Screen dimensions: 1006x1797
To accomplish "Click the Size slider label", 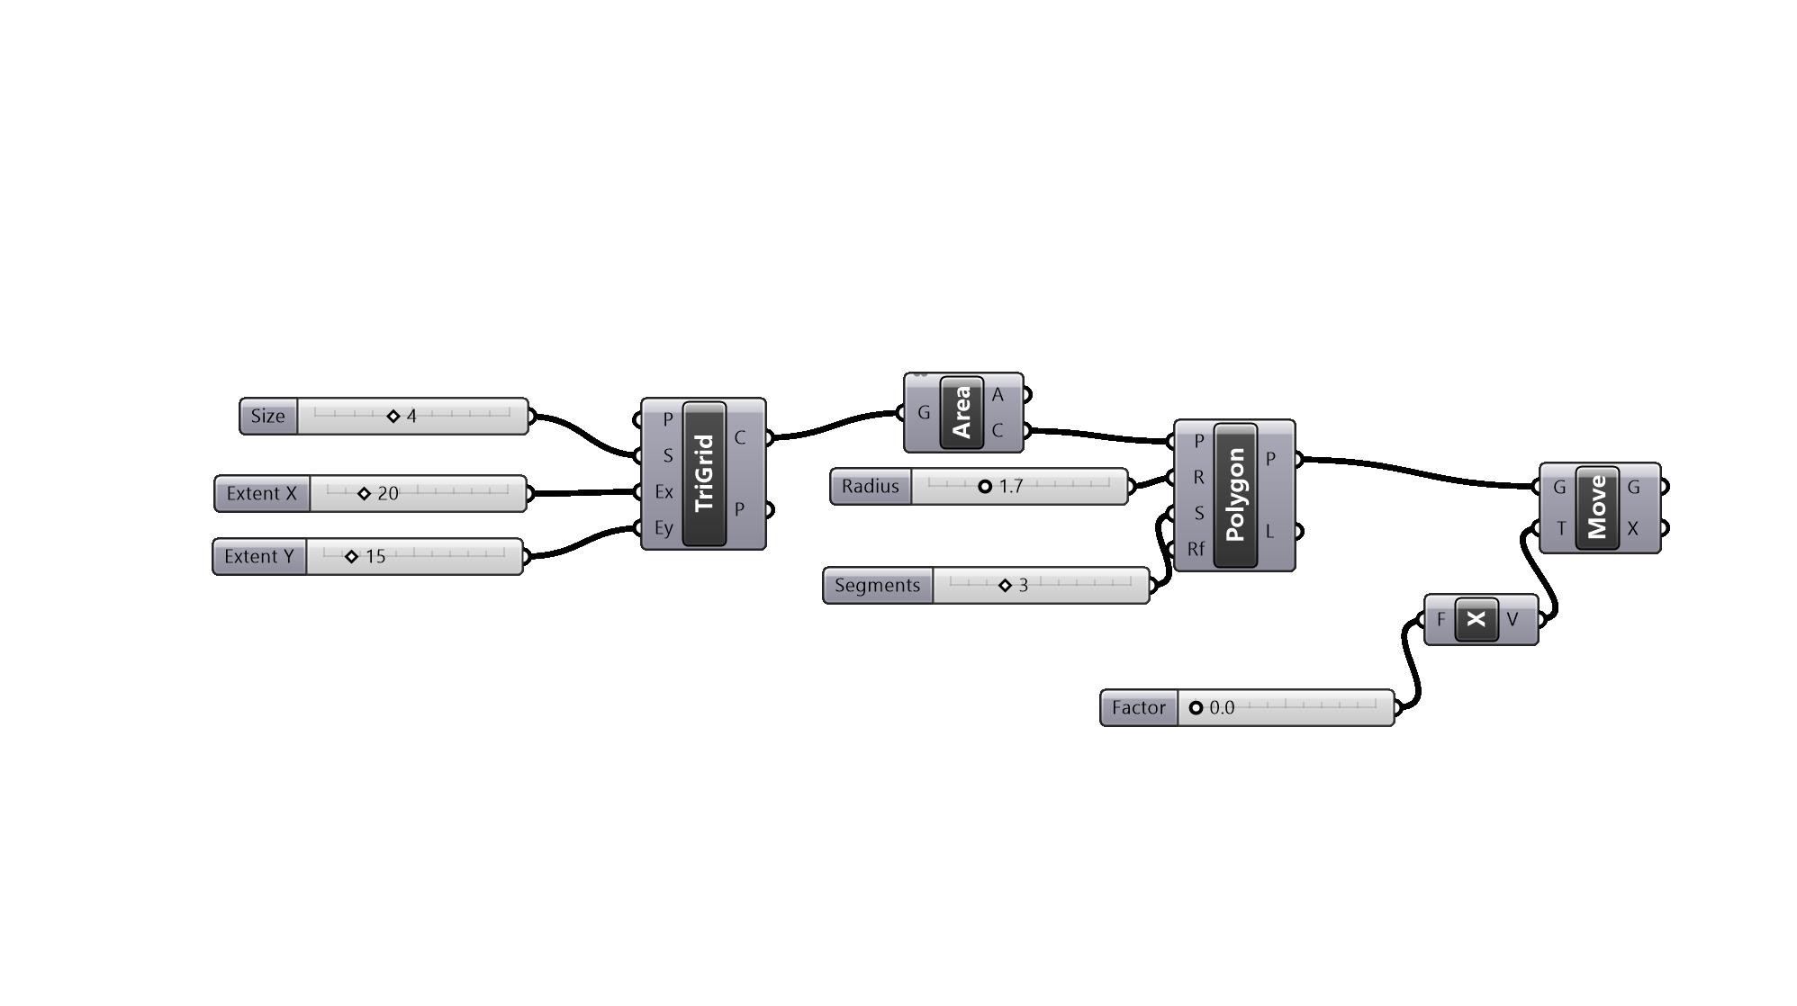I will tap(268, 417).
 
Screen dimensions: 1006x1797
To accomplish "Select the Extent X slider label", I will tap(262, 494).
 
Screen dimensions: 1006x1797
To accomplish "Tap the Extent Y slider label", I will tap(259, 557).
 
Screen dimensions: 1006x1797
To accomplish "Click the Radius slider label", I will tap(871, 487).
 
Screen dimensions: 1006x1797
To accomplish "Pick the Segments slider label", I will tap(878, 586).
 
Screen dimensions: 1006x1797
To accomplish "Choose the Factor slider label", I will tap(1139, 708).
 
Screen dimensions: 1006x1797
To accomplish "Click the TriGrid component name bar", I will tap(705, 474).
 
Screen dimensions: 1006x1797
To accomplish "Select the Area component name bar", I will tap(962, 413).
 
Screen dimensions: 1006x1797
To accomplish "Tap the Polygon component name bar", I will tap(1235, 495).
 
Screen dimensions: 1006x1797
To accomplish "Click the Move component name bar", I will tap(1597, 507).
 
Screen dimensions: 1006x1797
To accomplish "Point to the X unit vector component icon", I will tap(1476, 619).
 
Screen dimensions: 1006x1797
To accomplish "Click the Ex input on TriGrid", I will tap(664, 492).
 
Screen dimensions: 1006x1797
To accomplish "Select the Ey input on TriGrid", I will tap(664, 528).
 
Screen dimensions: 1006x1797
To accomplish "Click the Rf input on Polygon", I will tap(1196, 549).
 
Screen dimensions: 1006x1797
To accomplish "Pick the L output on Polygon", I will tap(1270, 532).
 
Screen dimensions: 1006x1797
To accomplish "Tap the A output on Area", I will tap(998, 395).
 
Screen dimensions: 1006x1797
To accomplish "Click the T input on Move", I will tap(1560, 529).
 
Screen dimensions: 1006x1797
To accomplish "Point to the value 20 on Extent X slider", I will tap(388, 494).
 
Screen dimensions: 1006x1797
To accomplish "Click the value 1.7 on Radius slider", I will tap(1011, 487).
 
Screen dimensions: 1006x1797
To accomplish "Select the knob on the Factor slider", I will tap(1196, 708).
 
